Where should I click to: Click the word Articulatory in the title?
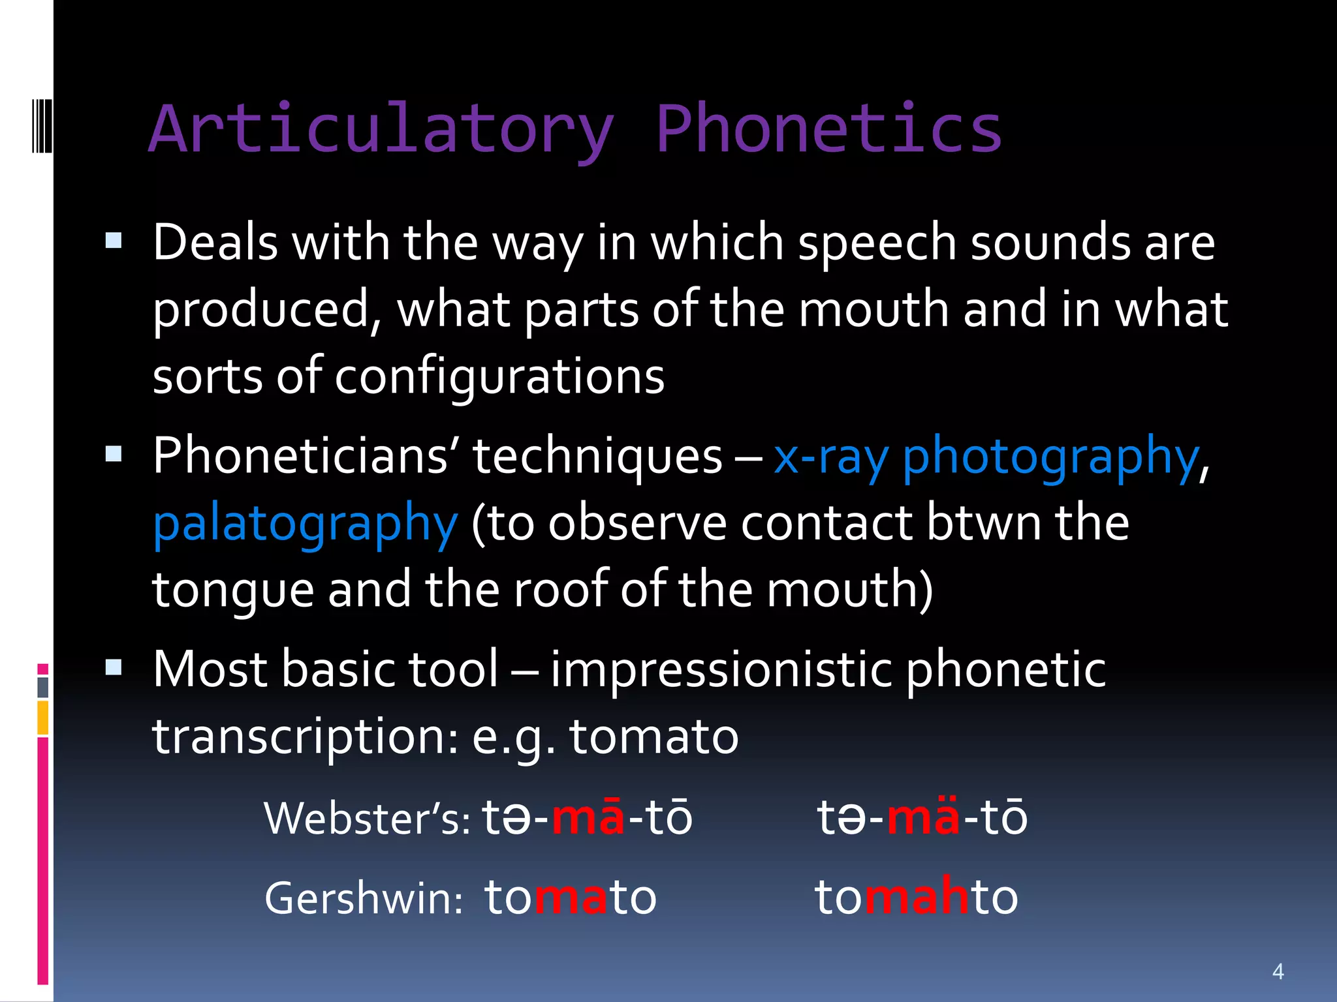(382, 130)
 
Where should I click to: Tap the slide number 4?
(1278, 971)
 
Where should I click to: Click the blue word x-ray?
(830, 458)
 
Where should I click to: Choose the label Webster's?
(367, 819)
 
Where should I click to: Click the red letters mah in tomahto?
(917, 898)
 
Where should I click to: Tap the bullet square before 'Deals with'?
(114, 241)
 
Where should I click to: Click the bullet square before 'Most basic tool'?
(114, 667)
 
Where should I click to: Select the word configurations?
(499, 377)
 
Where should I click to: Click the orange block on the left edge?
(43, 718)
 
